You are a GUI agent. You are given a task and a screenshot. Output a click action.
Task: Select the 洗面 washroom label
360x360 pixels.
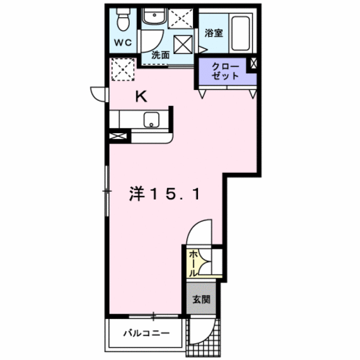[160, 56]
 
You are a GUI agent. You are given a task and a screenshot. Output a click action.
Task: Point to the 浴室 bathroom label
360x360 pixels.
[213, 33]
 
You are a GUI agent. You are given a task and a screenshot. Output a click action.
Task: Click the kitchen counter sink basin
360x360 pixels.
[152, 119]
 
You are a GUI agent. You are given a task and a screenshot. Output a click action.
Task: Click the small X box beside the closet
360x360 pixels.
[255, 65]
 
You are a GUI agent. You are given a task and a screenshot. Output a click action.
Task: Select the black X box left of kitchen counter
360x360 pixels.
[118, 136]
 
